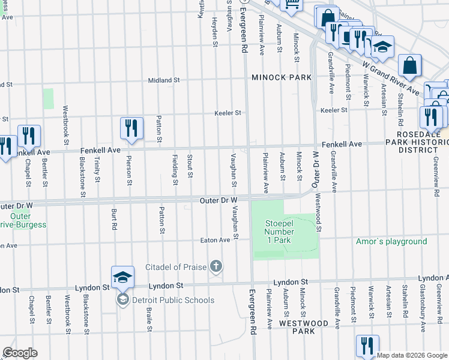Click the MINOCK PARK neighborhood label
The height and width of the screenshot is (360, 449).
coord(282,77)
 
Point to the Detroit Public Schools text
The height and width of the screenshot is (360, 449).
coord(173,300)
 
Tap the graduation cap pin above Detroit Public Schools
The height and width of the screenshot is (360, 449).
coord(122,277)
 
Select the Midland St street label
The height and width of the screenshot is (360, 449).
coord(164,80)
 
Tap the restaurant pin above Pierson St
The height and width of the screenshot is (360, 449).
coord(131,128)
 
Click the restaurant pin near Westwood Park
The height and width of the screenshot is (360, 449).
coord(367,346)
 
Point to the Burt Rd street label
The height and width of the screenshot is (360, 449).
coord(113,220)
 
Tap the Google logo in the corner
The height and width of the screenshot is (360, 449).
coord(20,353)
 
